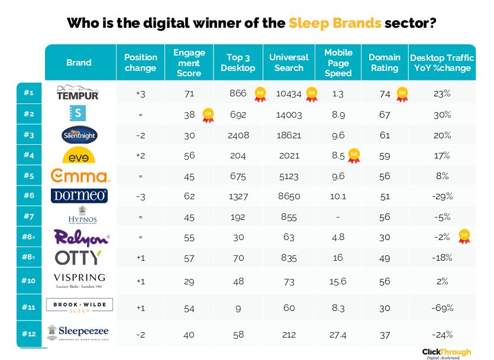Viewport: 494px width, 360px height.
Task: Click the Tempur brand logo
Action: (78, 93)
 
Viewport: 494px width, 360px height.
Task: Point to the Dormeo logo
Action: (79, 196)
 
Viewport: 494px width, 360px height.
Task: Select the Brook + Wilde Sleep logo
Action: (79, 305)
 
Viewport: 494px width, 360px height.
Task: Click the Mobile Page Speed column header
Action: (338, 63)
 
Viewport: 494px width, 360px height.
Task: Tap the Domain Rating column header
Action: (384, 63)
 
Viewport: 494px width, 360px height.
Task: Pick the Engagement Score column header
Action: (189, 63)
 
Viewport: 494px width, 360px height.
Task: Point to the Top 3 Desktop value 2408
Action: (238, 135)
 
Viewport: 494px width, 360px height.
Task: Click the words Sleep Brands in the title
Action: (335, 24)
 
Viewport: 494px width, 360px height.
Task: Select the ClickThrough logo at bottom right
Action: (447, 352)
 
